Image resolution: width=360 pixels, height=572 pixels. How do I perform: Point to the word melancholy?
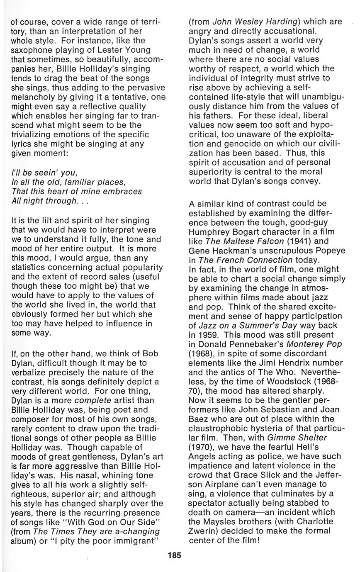29,96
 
